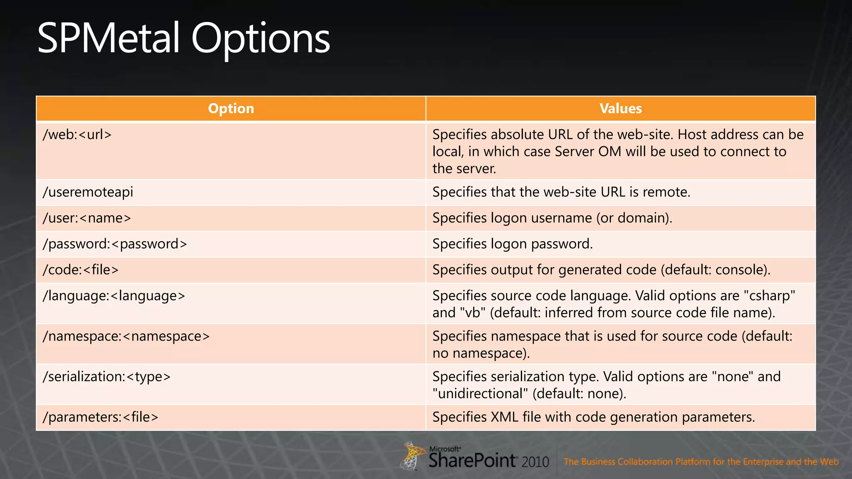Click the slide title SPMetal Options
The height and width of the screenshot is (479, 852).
pos(183,38)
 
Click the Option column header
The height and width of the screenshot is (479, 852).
pos(231,109)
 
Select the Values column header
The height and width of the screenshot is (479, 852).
pos(620,109)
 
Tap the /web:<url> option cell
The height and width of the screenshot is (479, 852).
pos(77,135)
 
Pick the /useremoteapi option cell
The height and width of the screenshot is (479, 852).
pos(88,192)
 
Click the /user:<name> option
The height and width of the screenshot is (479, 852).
pos(87,218)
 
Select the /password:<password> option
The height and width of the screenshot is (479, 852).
pos(114,244)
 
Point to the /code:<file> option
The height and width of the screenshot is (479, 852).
pos(80,270)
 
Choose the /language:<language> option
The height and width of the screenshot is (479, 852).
pos(114,296)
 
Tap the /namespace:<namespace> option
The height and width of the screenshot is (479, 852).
pos(126,336)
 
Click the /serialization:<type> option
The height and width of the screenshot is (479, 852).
pos(106,377)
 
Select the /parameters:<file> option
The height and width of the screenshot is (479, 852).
pos(100,417)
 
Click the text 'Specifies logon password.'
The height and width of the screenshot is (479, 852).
pos(512,244)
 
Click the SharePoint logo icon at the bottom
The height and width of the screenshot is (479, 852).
pos(412,456)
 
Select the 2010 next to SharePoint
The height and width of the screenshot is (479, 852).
pos(535,462)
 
